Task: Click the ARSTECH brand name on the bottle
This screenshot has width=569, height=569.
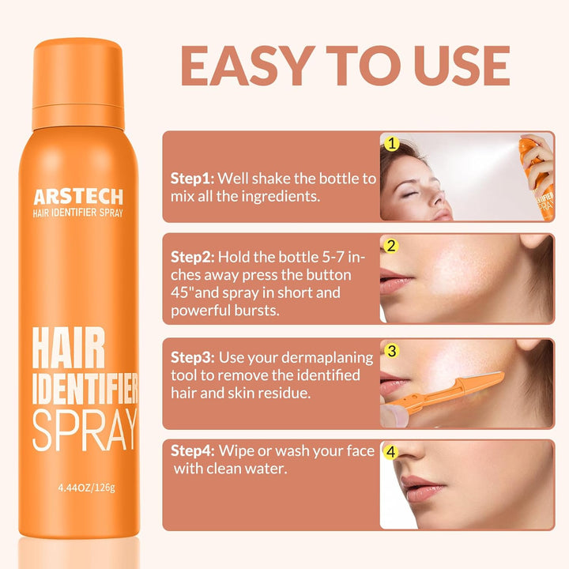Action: click(x=77, y=196)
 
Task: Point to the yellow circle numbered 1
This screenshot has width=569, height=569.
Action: click(x=390, y=144)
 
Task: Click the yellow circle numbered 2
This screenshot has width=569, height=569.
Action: click(x=390, y=246)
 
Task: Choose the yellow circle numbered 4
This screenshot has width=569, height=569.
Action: click(x=390, y=453)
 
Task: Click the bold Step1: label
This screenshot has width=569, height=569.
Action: click(x=193, y=179)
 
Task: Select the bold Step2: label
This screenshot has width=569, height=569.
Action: click(x=193, y=257)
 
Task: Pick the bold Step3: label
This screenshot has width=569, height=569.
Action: click(x=193, y=358)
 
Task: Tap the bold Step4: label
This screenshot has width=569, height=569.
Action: click(x=193, y=450)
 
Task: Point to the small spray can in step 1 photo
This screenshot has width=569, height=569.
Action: click(x=537, y=170)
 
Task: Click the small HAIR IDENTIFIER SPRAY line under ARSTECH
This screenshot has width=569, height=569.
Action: click(x=77, y=213)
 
